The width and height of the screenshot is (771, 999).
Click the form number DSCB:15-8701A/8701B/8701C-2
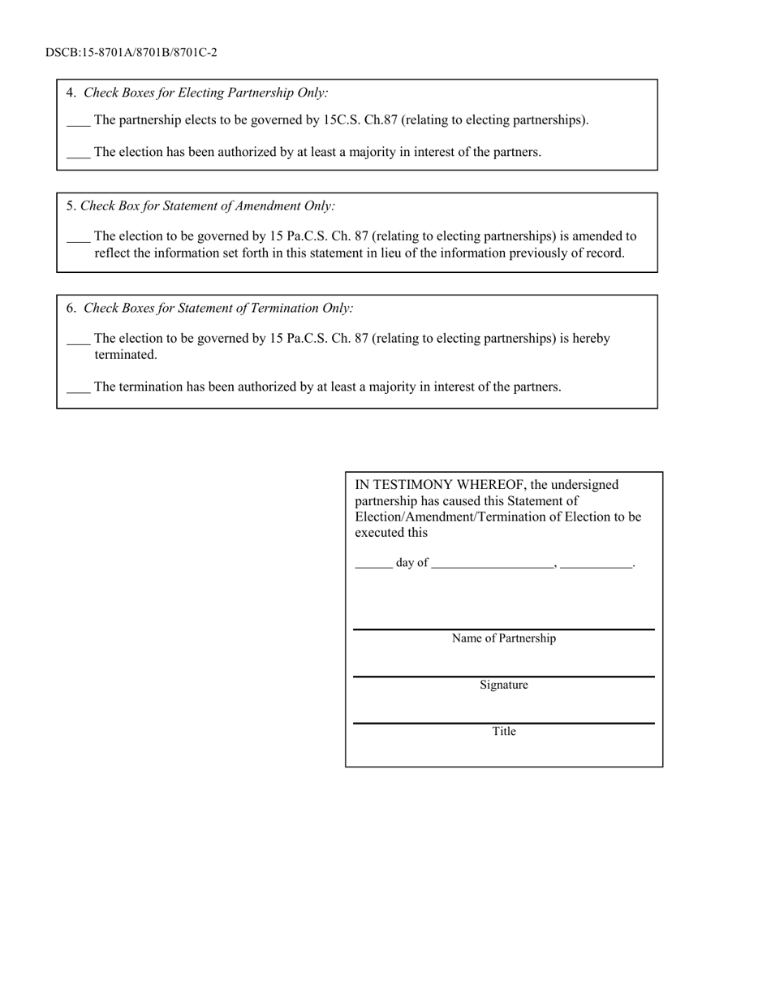tap(131, 53)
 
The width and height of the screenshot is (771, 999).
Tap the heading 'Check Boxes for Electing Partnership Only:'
tap(206, 93)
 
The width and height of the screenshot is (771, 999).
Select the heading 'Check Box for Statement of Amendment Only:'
tap(208, 206)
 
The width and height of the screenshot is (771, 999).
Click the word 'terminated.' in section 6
tap(126, 355)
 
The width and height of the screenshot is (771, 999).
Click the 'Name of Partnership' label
tap(504, 638)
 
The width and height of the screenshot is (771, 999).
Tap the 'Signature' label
tap(504, 685)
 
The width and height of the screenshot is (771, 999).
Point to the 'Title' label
tap(504, 731)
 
